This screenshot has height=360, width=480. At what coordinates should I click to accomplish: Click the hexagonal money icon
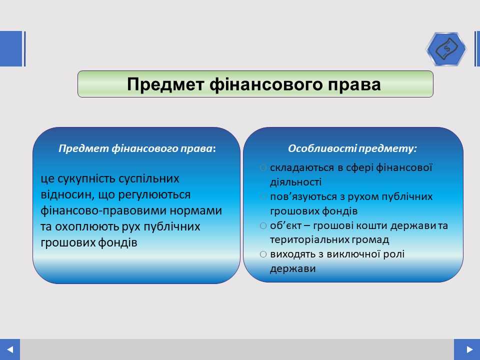pos(446,49)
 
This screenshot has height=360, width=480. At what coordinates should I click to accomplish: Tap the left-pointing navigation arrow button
pos(10,349)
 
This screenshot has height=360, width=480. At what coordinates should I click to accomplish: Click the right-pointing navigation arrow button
pos(467,349)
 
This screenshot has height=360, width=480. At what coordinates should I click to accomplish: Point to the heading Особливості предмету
pos(352,148)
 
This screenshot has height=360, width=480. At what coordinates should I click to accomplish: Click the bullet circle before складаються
pos(263,168)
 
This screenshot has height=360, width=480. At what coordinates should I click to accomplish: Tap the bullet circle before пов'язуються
pos(263,196)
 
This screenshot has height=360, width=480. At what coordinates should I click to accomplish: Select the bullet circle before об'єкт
pos(263,225)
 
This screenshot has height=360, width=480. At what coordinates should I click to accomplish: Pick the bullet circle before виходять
pos(263,254)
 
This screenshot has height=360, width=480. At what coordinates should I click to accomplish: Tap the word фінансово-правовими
pos(103,210)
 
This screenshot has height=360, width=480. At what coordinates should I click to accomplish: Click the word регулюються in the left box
pos(154,195)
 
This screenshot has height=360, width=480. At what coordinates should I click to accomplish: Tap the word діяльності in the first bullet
pos(295,182)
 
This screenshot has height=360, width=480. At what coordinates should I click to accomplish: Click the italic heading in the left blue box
pos(137,148)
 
